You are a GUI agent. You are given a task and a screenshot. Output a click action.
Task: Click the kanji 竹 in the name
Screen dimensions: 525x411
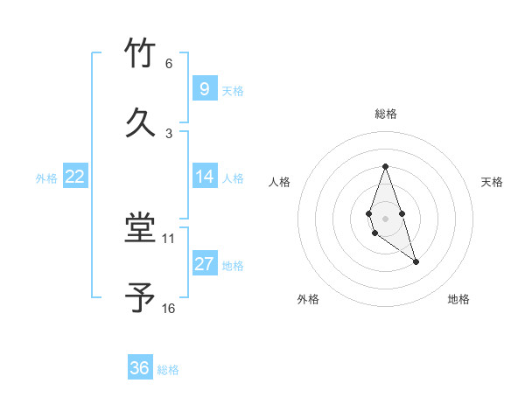click(140, 53)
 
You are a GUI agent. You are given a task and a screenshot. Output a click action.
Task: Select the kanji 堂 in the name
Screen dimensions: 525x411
click(140, 229)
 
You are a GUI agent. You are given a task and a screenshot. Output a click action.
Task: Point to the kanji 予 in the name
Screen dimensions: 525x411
click(140, 298)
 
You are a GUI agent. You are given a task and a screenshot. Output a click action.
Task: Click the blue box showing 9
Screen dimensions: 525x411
click(204, 89)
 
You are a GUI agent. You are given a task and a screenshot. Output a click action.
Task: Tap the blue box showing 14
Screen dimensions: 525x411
click(204, 177)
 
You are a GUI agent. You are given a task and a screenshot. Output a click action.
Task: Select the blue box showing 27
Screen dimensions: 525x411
click(204, 264)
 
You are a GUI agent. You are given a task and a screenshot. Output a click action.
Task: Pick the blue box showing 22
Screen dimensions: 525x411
click(74, 177)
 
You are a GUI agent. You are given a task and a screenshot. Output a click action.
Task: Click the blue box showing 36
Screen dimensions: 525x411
click(140, 368)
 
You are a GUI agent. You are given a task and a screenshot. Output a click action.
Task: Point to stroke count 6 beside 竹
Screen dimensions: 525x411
click(169, 64)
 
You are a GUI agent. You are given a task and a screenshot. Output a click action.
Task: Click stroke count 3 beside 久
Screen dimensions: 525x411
click(169, 133)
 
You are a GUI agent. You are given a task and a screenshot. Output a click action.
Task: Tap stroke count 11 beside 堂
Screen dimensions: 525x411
click(169, 238)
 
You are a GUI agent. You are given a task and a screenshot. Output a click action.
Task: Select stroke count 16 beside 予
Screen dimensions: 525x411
click(169, 308)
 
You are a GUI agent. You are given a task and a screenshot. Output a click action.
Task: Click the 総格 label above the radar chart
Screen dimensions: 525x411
click(386, 114)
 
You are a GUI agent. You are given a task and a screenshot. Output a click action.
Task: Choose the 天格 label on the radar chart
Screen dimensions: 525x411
click(493, 182)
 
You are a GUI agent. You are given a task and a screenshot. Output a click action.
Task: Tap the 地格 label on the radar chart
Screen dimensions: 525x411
click(458, 299)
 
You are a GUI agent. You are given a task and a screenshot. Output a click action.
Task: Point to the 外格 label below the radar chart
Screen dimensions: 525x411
click(308, 299)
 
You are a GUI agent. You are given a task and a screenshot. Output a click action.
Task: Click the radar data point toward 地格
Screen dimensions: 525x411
click(416, 262)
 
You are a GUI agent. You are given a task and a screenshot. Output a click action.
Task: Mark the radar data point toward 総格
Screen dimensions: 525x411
click(385, 167)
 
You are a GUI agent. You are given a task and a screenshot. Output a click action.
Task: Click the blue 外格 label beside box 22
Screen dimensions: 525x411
click(46, 178)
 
